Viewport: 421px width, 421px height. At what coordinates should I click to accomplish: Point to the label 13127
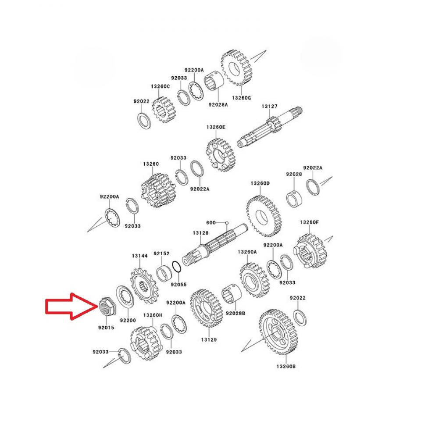270,106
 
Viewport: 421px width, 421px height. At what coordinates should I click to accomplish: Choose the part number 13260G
242,98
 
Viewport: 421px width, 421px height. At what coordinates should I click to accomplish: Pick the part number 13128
200,233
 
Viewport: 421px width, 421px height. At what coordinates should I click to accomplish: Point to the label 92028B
235,314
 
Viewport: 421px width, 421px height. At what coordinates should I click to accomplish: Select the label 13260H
153,315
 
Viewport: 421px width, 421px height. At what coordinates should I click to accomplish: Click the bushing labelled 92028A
215,83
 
